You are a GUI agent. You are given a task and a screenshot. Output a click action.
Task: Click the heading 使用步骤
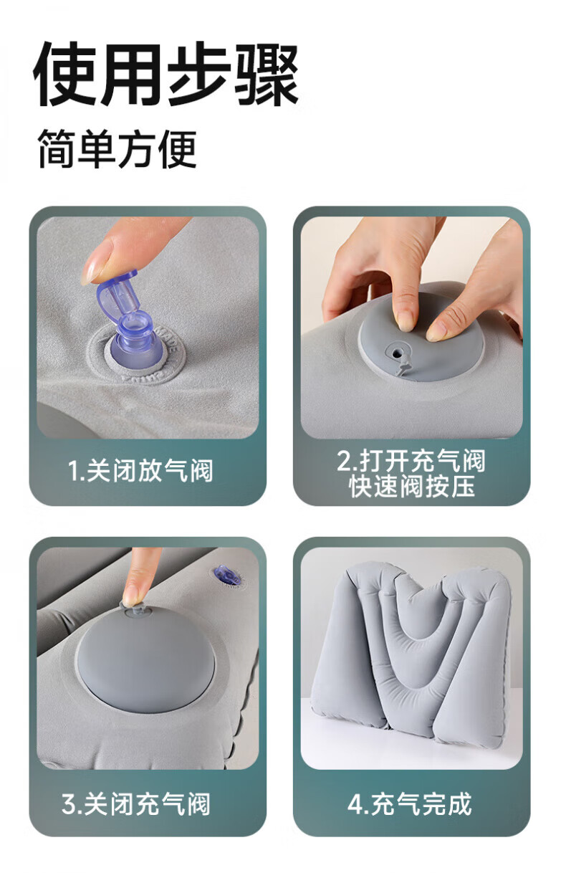click(x=166, y=74)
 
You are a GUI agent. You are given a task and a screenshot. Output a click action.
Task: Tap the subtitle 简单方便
click(x=117, y=149)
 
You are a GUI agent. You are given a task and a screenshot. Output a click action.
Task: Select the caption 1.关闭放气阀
click(x=140, y=470)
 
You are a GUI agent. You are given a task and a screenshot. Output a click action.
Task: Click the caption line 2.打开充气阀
click(x=411, y=460)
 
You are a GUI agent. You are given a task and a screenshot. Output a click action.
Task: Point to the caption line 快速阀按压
click(x=412, y=486)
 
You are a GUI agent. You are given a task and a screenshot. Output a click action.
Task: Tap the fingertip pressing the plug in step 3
click(x=133, y=594)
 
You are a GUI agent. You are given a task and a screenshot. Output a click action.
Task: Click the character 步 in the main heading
click(x=198, y=74)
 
